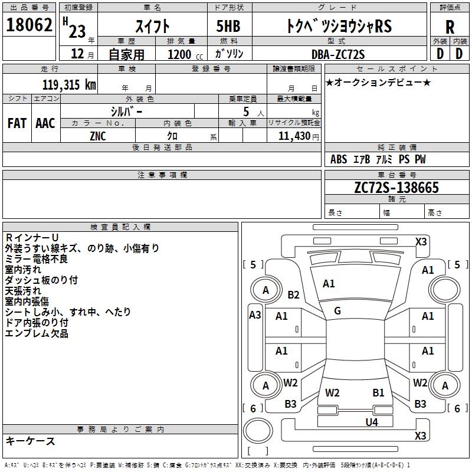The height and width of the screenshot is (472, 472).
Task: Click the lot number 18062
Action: [x=29, y=25]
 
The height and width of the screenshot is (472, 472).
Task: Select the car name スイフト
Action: [x=153, y=26]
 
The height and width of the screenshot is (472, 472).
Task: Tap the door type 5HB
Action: [x=228, y=26]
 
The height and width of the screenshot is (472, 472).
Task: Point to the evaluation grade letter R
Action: [x=450, y=27]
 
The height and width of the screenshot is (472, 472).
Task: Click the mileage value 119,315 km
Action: [x=69, y=84]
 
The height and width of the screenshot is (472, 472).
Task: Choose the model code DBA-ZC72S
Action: [x=338, y=54]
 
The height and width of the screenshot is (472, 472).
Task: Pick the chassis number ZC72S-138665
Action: [x=396, y=188]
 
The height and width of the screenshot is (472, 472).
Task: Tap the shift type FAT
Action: [x=17, y=123]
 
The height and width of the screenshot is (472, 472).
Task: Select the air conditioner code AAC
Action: [x=45, y=123]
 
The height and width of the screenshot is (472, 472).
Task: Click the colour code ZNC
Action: [x=98, y=136]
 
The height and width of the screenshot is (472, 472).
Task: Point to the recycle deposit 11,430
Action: [x=294, y=136]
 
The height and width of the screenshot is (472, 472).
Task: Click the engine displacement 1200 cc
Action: [x=185, y=54]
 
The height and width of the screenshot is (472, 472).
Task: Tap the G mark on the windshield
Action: [x=337, y=311]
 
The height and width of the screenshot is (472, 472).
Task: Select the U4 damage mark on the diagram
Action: [x=372, y=422]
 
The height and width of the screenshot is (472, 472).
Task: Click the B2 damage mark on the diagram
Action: [x=293, y=294]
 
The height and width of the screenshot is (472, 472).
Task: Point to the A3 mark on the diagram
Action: [x=255, y=315]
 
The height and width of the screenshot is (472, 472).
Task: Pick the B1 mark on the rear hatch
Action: [x=378, y=392]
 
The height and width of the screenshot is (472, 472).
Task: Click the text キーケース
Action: [x=31, y=441]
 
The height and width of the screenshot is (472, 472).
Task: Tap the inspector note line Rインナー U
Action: [x=32, y=238]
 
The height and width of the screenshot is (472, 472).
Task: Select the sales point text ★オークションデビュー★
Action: [x=378, y=82]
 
